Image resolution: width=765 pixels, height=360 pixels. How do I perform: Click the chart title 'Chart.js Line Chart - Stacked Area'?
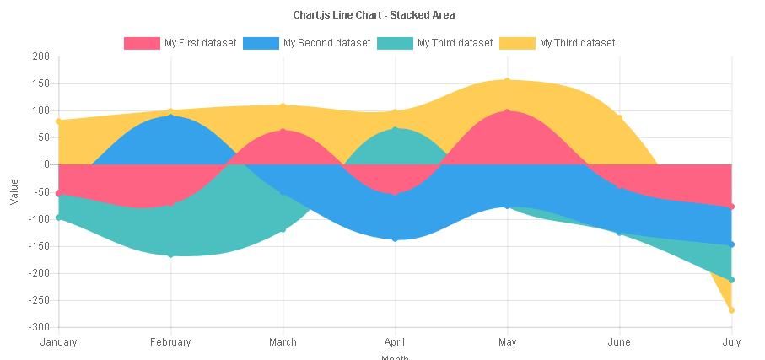click(374, 15)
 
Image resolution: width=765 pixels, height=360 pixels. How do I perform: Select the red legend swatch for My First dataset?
click(142, 43)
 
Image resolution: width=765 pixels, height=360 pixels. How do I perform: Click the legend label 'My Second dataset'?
click(326, 43)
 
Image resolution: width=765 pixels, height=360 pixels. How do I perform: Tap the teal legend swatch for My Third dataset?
click(395, 43)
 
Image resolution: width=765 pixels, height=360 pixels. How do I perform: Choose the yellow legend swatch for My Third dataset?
click(517, 43)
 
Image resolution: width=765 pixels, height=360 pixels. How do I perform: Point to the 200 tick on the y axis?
click(40, 56)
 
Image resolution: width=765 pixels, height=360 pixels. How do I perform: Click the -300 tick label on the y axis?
click(38, 327)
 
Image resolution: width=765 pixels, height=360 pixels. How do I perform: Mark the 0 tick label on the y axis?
click(46, 164)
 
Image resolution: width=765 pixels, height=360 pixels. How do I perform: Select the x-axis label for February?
click(170, 342)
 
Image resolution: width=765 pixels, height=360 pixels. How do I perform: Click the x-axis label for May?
click(507, 342)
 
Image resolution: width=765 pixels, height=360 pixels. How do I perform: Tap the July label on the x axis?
click(731, 342)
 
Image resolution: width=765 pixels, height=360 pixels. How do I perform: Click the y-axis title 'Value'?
click(14, 191)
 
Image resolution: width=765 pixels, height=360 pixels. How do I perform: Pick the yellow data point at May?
click(507, 81)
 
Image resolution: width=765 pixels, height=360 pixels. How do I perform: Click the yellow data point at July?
click(731, 310)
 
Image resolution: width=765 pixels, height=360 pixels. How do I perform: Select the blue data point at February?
click(170, 116)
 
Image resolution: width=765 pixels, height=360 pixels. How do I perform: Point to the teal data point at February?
click(170, 255)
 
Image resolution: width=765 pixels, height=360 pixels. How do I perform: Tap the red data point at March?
click(283, 131)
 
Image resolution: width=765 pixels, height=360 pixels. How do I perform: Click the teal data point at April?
click(395, 129)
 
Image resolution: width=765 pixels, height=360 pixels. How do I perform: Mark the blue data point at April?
click(395, 239)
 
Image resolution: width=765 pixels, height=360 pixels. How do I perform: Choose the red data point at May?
click(507, 111)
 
